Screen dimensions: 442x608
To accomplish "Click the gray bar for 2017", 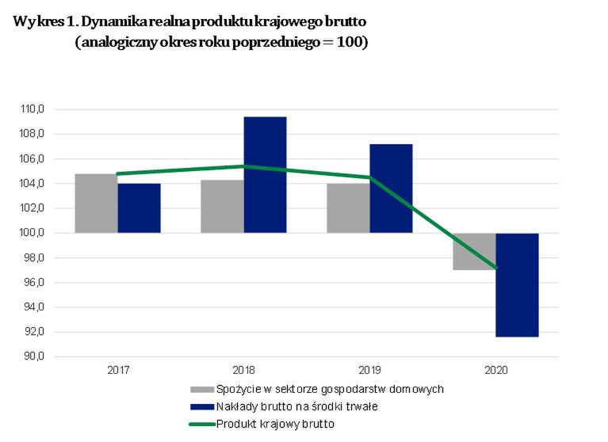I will click(x=96, y=203).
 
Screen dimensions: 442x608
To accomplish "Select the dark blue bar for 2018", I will click(x=265, y=174).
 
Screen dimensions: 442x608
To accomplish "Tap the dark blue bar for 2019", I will click(x=391, y=189).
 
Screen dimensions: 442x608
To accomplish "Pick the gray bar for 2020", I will click(x=474, y=251).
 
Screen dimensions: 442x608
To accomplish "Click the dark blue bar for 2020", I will click(x=517, y=284).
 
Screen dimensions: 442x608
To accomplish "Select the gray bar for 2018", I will click(x=222, y=206).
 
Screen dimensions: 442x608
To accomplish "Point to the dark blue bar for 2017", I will click(x=139, y=208).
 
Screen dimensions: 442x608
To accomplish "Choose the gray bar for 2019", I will click(x=348, y=208).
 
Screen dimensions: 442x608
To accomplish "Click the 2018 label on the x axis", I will click(x=243, y=370).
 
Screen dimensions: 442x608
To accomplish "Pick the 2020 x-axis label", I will click(x=495, y=370).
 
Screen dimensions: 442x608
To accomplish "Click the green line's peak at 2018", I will click(x=243, y=166).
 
